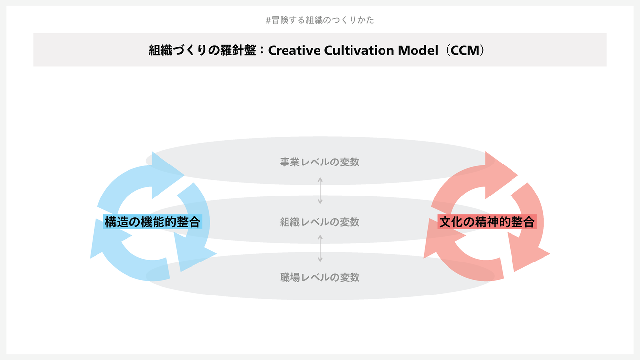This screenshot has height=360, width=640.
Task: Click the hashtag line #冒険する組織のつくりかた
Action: pos(320,20)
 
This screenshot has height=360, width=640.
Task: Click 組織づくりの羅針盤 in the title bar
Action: pos(204,50)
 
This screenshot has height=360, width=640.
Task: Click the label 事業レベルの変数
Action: pos(320,162)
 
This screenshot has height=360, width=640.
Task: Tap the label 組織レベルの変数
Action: pos(320,222)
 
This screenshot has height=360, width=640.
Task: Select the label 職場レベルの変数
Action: pos(320,277)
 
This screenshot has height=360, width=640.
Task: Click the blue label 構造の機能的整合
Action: pos(153,222)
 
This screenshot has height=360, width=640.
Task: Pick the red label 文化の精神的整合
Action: pos(486,222)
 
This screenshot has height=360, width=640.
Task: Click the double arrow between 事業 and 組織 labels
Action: pos(320,191)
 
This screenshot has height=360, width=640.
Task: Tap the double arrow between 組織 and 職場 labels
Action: pos(320,248)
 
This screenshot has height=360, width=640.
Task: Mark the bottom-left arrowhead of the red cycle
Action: pos(436,246)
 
